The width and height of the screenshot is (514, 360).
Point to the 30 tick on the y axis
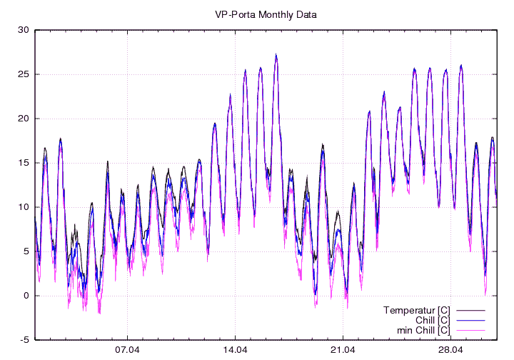[24, 30]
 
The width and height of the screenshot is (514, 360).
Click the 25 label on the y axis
[24, 74]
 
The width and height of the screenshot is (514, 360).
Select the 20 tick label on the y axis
[24, 119]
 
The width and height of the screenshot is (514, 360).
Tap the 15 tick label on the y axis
[24, 163]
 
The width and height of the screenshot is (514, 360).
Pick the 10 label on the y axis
[24, 207]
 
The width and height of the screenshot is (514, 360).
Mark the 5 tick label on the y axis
[26, 251]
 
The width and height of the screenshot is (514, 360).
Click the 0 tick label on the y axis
[26, 296]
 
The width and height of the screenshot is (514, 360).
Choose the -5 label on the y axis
[24, 340]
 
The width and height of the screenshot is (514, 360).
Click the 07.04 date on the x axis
[127, 350]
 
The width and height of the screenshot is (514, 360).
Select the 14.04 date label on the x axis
[235, 350]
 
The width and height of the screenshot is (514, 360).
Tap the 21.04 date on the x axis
[343, 350]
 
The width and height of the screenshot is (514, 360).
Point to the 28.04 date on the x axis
[450, 350]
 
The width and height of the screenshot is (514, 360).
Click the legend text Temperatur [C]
[416, 310]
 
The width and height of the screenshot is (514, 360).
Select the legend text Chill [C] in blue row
[430, 320]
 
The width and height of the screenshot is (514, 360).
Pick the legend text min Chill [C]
[423, 330]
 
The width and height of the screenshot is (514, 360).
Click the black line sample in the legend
[470, 310]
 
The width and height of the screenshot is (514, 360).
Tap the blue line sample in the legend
[470, 320]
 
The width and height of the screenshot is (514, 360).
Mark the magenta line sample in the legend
[470, 330]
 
